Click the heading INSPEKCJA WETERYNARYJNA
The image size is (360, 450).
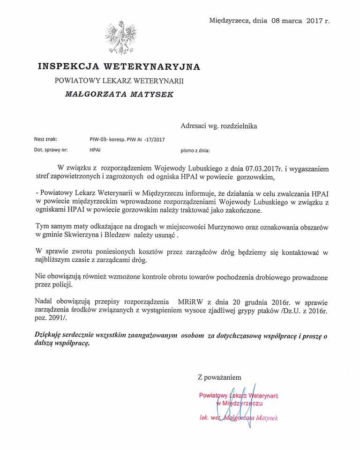coord(119,66)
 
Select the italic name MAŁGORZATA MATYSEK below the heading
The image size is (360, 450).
coord(120,94)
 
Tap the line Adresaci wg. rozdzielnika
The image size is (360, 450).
coord(218,125)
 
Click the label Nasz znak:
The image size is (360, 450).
coord(45,139)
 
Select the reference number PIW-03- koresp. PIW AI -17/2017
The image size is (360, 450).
coord(127,139)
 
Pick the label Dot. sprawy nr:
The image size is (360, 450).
coord(51,150)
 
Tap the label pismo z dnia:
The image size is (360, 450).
coord(195,151)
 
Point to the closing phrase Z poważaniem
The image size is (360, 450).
coord(219,376)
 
